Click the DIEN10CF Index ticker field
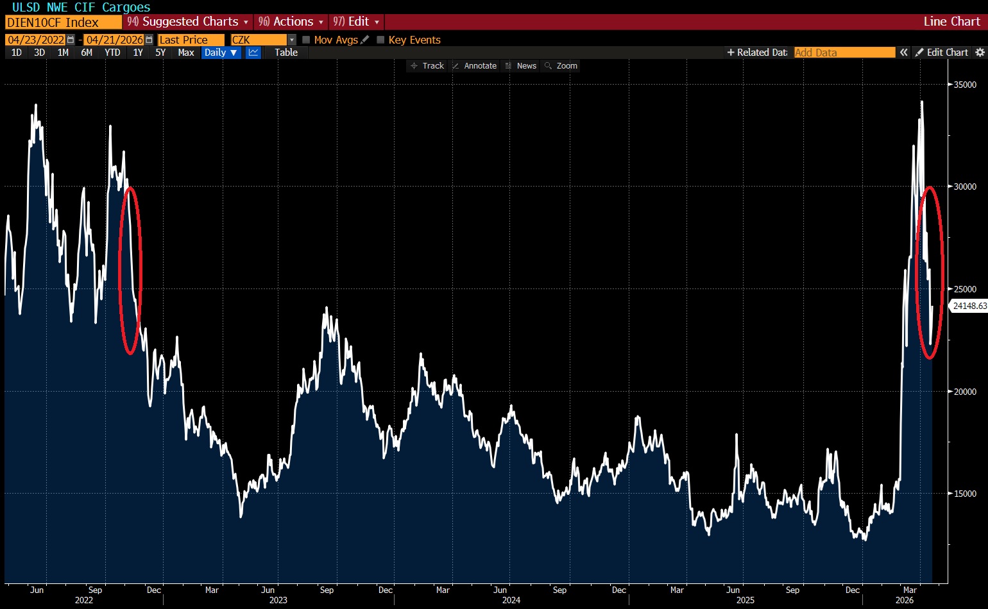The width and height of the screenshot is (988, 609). point(62,22)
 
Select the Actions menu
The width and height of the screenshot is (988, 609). point(292,22)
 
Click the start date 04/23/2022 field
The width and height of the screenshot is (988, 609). point(36,40)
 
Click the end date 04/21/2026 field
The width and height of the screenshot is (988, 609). point(115,40)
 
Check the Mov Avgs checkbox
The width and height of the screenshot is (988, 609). point(306,40)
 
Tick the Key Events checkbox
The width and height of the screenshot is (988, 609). point(380,40)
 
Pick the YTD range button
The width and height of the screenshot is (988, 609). point(112,53)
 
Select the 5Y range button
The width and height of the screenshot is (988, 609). point(160,53)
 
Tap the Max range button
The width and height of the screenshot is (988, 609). point(186,53)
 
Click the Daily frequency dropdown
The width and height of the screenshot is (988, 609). point(221,53)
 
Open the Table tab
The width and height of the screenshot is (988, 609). point(286,53)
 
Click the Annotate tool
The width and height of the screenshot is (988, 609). point(475,66)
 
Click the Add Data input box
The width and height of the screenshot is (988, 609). point(844,53)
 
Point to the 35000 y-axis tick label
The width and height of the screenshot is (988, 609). point(965,85)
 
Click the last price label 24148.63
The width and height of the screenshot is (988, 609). point(969,306)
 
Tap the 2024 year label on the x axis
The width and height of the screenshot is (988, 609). point(511,600)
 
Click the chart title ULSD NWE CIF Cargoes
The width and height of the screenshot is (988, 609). point(81,7)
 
